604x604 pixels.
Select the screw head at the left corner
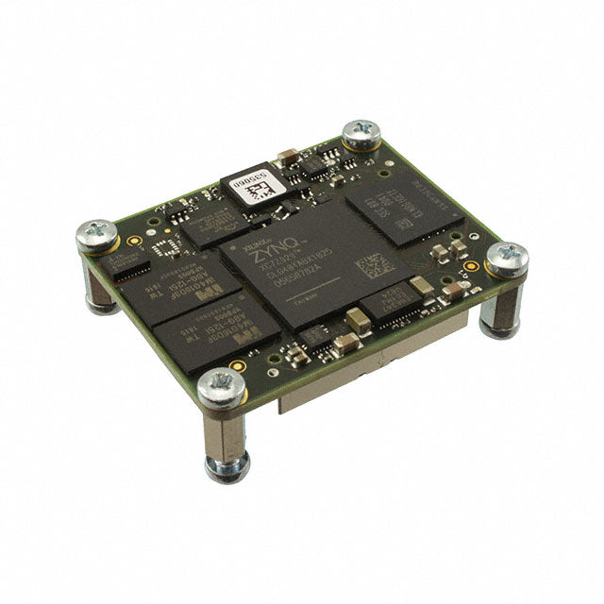(97, 234)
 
